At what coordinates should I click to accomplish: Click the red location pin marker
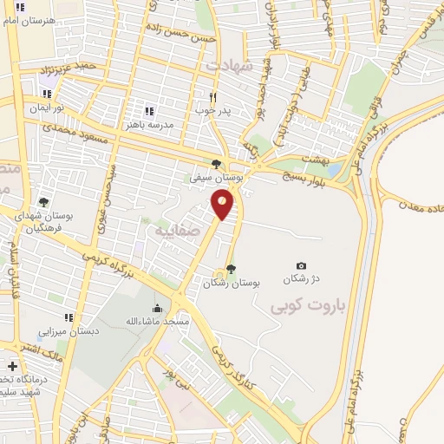pos(223,203)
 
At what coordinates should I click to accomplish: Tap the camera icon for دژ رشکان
pos(301,265)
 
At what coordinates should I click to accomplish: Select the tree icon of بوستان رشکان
pos(230,268)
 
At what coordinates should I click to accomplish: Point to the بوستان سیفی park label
pos(214,176)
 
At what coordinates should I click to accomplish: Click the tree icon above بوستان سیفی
pos(216,163)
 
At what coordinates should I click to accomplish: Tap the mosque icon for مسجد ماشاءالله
pos(157,308)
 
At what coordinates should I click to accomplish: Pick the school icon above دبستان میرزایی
pos(69,317)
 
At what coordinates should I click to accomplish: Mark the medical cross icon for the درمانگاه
pos(11,367)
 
